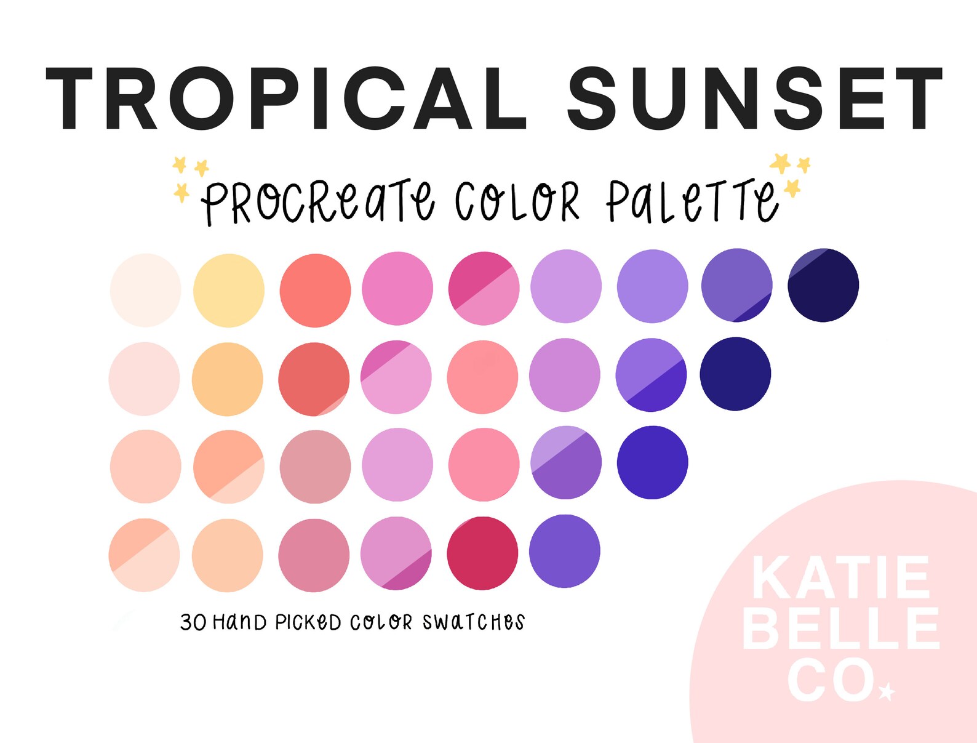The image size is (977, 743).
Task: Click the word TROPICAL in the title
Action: pos(285,98)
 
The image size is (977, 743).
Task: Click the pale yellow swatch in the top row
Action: pos(229,290)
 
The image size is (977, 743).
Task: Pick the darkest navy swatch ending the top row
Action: pos(823,285)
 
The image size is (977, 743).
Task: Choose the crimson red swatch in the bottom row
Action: pos(482,553)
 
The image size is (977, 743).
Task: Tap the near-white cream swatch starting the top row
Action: pos(145,290)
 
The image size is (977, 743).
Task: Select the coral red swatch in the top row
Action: pos(315,290)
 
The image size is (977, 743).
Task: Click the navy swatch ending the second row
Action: pos(735,374)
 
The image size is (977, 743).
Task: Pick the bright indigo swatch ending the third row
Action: pos(652,462)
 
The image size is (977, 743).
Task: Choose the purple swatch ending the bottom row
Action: pos(564,551)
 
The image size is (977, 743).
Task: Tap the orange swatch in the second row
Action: pos(228,379)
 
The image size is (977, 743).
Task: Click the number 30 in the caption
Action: pos(193,622)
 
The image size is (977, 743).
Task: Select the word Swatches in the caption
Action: pos(473,622)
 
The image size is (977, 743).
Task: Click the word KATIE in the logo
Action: pos(840,578)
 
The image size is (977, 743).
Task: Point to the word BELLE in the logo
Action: pos(841,629)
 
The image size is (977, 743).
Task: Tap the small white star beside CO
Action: pos(887,691)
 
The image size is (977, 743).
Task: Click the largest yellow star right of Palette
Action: pos(781,163)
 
